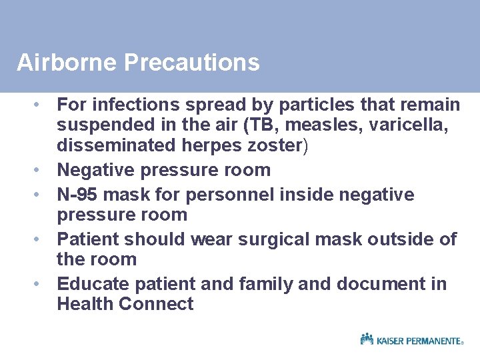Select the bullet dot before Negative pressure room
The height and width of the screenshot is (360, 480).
click(x=40, y=169)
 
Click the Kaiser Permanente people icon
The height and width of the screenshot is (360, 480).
click(x=367, y=339)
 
